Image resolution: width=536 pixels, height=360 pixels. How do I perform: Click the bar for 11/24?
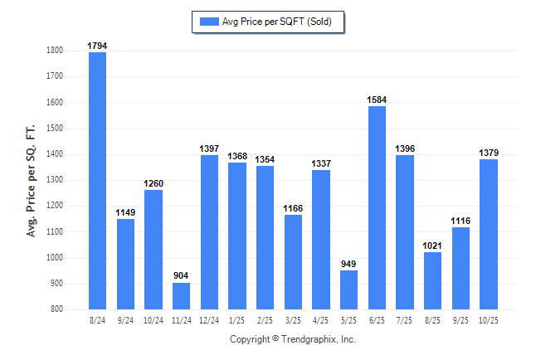(181, 296)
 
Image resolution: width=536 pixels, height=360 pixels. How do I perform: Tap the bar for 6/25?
(377, 207)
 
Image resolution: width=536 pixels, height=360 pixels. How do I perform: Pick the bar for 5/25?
(348, 289)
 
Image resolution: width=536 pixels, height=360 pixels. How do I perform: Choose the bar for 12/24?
(209, 232)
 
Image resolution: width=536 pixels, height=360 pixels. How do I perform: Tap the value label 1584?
(377, 100)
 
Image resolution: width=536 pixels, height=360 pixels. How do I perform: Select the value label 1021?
(432, 246)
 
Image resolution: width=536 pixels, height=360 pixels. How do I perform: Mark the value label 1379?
(489, 153)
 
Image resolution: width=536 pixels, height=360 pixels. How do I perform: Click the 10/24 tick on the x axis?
(153, 319)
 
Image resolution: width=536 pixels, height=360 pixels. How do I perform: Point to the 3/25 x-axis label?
(293, 319)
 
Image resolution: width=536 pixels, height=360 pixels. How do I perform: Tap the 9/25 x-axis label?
(460, 319)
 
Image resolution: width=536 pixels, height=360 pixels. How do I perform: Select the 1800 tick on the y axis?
(55, 51)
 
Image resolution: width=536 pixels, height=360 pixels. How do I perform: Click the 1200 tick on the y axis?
(55, 206)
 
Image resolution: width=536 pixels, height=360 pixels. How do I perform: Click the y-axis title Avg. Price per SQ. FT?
(32, 181)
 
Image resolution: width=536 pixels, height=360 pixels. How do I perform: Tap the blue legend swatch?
(207, 22)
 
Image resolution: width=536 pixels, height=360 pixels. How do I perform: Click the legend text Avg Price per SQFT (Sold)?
(277, 22)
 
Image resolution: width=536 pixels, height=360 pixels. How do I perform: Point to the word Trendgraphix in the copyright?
(309, 339)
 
